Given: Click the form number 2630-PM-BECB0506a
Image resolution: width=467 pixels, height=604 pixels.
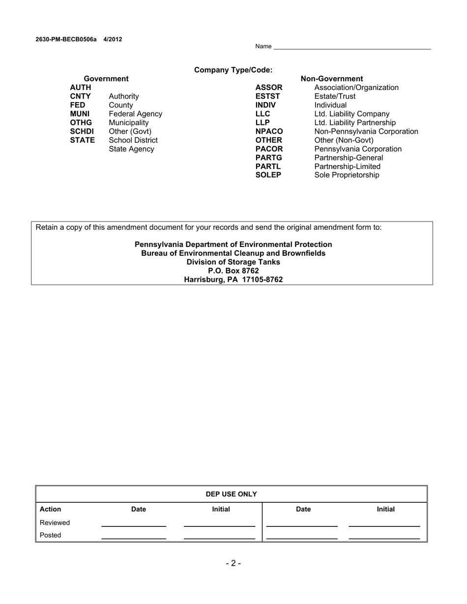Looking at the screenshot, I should pos(66,39).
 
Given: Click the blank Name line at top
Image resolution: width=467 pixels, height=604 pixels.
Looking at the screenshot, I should pos(351,47).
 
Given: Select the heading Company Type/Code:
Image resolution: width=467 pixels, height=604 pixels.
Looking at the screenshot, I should pos(233,70).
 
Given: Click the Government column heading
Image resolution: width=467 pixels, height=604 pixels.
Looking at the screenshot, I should pos(106,79).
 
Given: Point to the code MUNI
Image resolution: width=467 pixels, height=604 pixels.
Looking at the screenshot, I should pos(80,114).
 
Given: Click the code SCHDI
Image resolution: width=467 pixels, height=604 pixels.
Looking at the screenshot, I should pos(82,132).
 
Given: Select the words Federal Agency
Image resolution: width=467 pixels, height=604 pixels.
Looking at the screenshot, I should pos(135,114).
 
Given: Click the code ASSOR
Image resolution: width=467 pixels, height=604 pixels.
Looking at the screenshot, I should pos(269,88).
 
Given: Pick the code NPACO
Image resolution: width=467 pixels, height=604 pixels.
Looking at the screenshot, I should pos(269,132).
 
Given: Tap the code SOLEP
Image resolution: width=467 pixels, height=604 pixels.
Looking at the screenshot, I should pos(268,175).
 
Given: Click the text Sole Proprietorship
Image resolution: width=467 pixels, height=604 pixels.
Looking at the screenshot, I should pos(347,175).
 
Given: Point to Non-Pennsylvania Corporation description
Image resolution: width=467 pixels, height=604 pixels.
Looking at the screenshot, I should pos(366,132).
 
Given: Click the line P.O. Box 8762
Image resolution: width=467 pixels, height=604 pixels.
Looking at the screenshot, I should pos(233,271).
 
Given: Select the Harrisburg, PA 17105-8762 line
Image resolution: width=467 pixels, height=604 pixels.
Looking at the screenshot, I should pos(233,280).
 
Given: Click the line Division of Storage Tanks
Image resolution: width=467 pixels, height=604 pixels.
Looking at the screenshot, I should pos(233,262).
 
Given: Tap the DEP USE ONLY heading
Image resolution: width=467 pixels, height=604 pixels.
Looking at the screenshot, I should pos(231,494).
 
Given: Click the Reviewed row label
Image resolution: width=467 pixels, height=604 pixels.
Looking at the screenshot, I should pos(55,523).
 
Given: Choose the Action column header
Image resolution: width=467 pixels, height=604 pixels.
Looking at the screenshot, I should pos(50,510).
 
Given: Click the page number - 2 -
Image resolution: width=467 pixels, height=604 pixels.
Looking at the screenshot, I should pos(233,564).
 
